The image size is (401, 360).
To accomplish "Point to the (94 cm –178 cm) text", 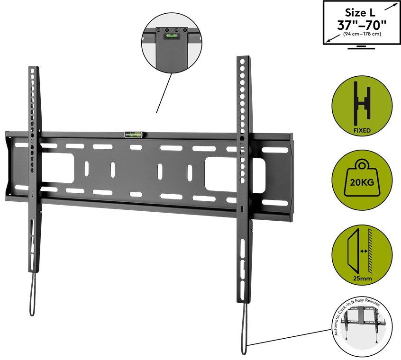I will coord(361,35).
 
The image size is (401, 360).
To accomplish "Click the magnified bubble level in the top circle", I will coord(168,36).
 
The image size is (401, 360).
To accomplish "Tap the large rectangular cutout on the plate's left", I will coord(58,168).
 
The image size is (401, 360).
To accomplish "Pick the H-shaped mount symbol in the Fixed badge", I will coord(362,104).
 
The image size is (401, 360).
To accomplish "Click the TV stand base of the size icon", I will coord(362,47).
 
